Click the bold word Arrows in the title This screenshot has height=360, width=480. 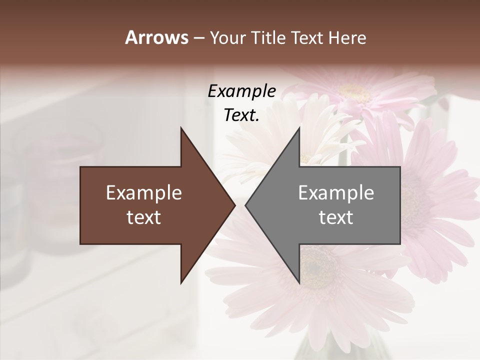click(156, 37)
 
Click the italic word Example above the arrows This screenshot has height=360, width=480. click(241, 91)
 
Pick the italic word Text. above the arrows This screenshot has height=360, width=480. click(241, 115)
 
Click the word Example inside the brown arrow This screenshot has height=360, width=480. click(144, 192)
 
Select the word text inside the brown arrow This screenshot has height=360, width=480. click(144, 217)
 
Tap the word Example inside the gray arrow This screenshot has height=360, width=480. click(336, 192)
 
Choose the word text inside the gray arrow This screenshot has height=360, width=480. click(336, 217)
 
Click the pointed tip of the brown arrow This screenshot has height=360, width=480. click(234, 205)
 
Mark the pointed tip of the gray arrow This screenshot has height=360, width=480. click(246, 205)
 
